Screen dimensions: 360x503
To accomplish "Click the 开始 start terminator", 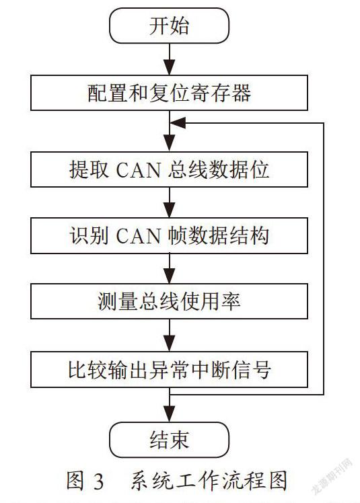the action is click(170, 26).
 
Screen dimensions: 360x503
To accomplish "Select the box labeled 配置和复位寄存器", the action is click(170, 93).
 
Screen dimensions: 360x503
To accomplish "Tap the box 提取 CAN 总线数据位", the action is click(170, 169).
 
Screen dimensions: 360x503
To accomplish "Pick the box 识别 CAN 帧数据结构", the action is click(170, 236).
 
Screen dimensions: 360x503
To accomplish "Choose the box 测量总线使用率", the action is click(170, 301).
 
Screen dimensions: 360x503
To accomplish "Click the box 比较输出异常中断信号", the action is click(170, 369).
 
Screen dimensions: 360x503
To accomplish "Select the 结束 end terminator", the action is click(170, 440).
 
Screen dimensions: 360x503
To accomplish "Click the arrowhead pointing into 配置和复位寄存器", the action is click(170, 67).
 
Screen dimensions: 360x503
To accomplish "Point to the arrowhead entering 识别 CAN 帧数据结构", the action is click(170, 210).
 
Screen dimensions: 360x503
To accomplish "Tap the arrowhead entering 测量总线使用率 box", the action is click(170, 276).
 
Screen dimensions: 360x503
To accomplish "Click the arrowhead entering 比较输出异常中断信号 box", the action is click(170, 344).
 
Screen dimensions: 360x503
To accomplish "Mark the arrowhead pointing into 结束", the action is click(170, 414).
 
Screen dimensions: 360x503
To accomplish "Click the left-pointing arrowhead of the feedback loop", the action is click(178, 123).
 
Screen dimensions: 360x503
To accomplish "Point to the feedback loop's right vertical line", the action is click(324, 258).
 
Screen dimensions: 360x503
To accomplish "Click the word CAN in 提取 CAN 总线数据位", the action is click(139, 170).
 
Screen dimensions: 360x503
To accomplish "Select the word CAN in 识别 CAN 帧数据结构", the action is click(139, 237).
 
